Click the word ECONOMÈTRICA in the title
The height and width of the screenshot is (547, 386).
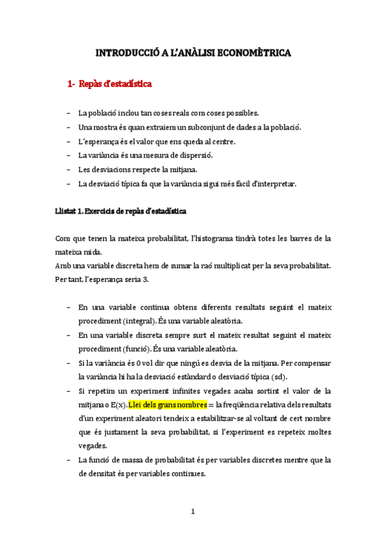tap(256, 53)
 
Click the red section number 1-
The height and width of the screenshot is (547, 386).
tap(72, 84)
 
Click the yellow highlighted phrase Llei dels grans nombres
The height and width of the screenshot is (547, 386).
tap(168, 405)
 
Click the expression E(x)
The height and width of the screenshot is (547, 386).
tap(117, 405)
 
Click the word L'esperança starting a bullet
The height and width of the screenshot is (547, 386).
tap(97, 141)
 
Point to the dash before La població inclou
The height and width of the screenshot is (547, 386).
tap(69, 112)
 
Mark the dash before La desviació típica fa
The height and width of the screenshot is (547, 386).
tap(69, 183)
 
